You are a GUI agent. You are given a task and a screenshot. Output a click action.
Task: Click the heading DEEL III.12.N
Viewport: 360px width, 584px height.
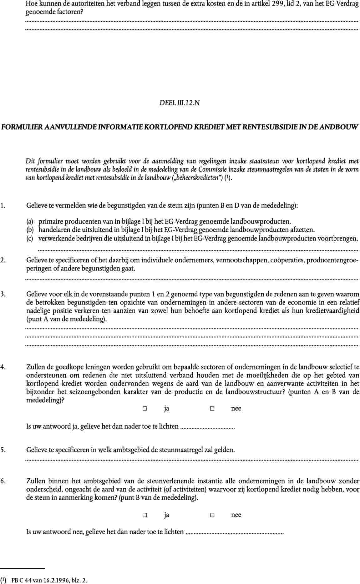click(x=180, y=102)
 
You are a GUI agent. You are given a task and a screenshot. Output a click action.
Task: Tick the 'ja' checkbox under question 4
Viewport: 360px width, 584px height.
click(x=145, y=409)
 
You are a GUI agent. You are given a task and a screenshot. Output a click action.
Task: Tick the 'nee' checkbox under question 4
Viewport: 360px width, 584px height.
click(x=212, y=409)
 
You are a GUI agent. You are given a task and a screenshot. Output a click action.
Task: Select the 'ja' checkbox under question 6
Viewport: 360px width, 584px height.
click(x=145, y=515)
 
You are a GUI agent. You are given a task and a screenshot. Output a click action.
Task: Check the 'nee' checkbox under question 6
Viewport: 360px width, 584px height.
click(x=212, y=515)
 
